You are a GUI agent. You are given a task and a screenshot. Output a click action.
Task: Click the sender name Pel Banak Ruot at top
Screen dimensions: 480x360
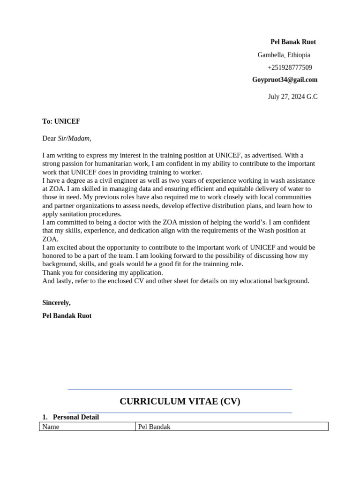[293, 42]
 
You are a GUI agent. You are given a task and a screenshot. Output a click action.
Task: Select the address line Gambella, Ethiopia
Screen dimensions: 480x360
[284, 55]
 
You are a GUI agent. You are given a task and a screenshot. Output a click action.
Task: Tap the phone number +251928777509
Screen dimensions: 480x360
[290, 67]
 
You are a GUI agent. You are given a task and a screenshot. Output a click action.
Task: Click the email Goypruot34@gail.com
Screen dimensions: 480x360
[285, 80]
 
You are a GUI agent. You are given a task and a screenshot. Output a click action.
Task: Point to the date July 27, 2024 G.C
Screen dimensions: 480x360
[292, 97]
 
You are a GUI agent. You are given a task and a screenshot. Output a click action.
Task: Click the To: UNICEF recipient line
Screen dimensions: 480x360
[61, 121]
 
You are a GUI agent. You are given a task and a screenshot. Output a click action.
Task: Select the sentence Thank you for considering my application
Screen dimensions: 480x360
[103, 272]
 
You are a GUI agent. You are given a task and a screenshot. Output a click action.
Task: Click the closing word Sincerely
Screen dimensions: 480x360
[56, 302]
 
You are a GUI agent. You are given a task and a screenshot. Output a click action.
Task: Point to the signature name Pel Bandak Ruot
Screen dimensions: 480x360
[67, 315]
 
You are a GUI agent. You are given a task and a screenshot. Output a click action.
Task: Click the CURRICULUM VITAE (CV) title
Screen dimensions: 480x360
[180, 401]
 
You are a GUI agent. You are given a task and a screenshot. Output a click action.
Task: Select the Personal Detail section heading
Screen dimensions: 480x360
[75, 417]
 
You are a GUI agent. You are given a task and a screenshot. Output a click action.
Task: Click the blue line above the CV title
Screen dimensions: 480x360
[180, 390]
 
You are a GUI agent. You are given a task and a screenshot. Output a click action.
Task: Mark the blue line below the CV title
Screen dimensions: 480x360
[180, 413]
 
